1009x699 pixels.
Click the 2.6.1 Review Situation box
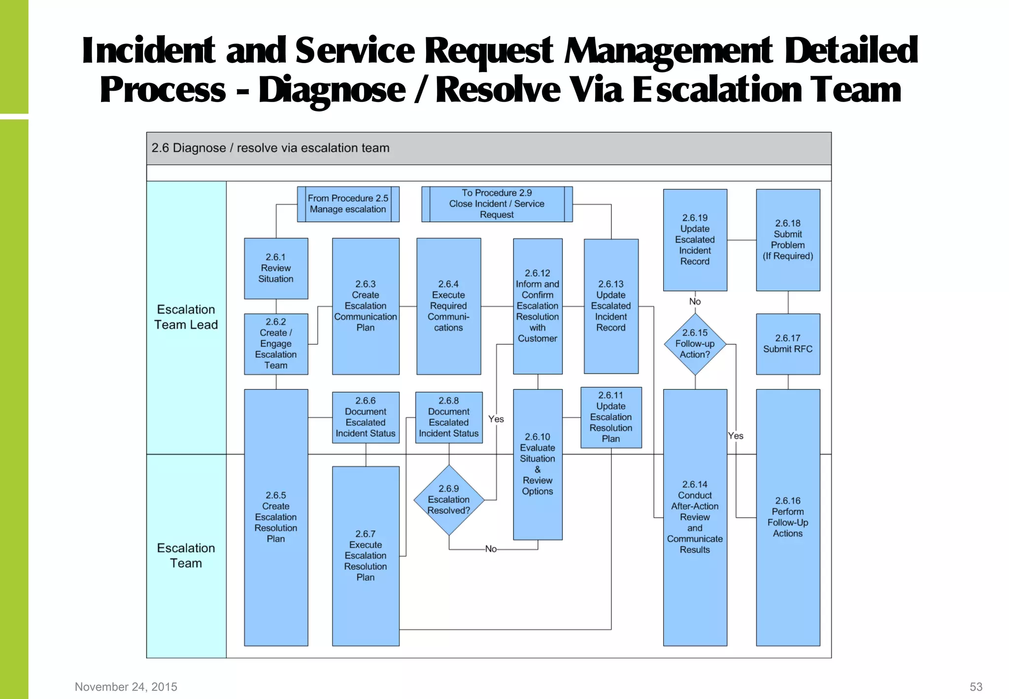click(276, 268)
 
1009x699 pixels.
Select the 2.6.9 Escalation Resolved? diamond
click(449, 500)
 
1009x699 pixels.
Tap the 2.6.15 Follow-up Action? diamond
click(695, 344)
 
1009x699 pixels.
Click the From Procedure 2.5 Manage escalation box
click(348, 204)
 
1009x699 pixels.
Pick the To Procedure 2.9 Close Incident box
click(497, 204)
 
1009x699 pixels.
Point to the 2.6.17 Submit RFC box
click(788, 344)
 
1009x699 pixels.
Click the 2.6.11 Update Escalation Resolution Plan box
click(611, 417)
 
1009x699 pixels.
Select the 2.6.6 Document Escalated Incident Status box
click(366, 417)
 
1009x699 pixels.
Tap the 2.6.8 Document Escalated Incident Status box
click(449, 417)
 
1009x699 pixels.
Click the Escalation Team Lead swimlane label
click(186, 317)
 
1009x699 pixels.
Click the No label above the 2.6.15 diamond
click(695, 301)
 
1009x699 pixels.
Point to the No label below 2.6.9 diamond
click(491, 549)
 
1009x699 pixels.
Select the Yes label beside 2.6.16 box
click(736, 436)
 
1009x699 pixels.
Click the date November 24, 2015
click(126, 687)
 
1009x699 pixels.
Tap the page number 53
click(976, 687)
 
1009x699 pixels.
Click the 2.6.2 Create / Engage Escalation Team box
click(276, 344)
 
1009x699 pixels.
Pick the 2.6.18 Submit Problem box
click(788, 240)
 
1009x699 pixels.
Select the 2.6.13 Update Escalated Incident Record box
click(611, 306)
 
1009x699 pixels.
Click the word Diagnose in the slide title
click(332, 90)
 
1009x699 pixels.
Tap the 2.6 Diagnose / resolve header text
click(270, 148)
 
